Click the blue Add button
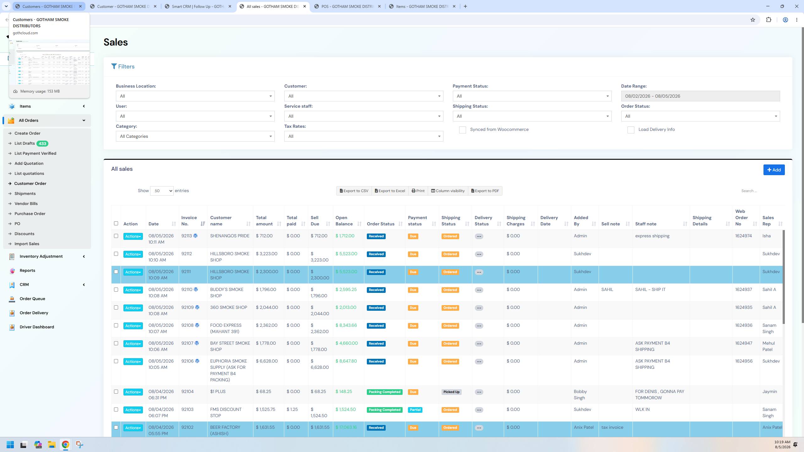[x=774, y=170]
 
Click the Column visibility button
[x=448, y=191]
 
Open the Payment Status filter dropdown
[x=532, y=96]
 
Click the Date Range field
[x=700, y=96]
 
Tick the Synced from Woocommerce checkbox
[x=462, y=130]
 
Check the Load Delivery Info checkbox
[x=631, y=130]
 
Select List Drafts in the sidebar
[x=24, y=143]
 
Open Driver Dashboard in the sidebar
[x=37, y=327]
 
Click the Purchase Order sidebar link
[x=30, y=214]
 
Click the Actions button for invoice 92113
[x=133, y=236]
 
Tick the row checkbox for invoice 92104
[x=116, y=392]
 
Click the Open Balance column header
[x=344, y=221]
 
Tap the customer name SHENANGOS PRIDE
[x=230, y=236]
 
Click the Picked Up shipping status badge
[x=451, y=392]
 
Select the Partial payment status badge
[x=415, y=410]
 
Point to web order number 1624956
[x=744, y=361]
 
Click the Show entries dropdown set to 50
[x=162, y=191]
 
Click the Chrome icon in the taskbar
[x=65, y=444]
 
